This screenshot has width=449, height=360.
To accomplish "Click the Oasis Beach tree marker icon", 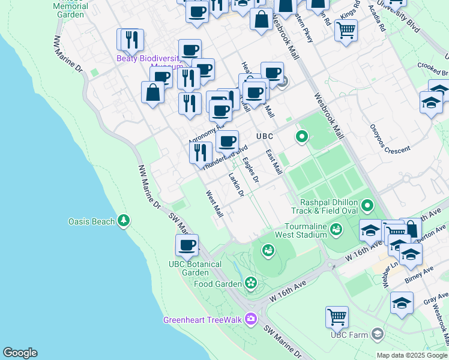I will click(124, 221).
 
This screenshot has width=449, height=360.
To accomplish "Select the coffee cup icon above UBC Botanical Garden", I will click(187, 245).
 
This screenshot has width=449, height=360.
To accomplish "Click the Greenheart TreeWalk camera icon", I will click(251, 319).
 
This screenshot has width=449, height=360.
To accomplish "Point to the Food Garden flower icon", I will click(250, 283).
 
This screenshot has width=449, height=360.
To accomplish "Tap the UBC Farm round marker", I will click(377, 333).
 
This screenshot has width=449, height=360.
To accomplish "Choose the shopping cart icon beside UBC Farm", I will click(337, 317).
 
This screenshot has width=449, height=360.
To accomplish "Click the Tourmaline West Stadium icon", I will click(336, 229).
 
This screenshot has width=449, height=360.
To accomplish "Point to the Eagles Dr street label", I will click(250, 170).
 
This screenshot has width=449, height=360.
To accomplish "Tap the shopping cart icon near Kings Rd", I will click(346, 29).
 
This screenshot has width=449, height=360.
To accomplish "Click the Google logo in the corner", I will click(20, 353).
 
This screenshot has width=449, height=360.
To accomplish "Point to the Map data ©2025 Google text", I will click(411, 355).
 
